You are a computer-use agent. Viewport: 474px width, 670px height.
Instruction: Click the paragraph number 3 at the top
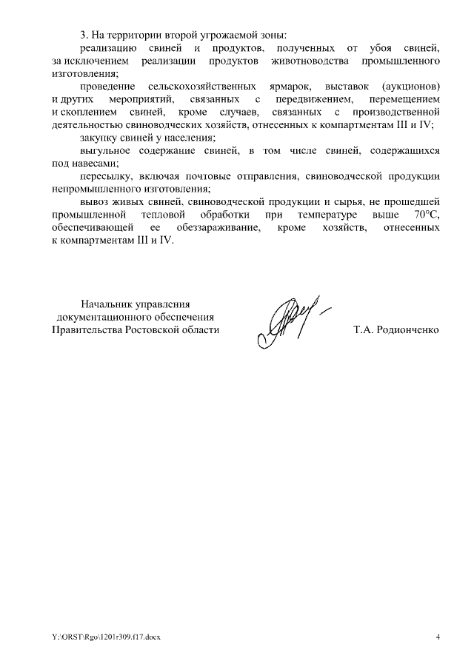coord(83,35)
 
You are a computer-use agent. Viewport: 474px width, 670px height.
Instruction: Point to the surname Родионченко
coord(408,329)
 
